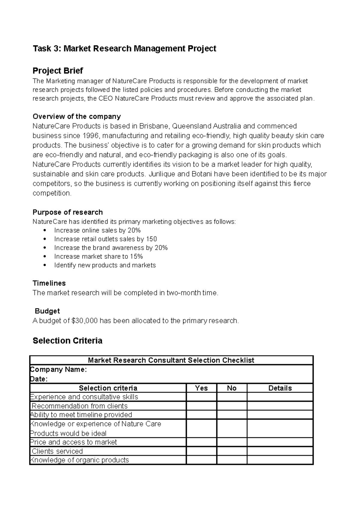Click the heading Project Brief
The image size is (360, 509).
pos(58,71)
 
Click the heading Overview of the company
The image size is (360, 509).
pos(76,116)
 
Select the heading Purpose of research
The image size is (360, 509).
pos(67,212)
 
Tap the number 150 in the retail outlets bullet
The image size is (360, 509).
pos(151,239)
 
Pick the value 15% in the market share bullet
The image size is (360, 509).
pos(136,257)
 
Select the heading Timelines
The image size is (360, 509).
pos(49,283)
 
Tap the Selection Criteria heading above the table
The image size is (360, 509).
pos(67,341)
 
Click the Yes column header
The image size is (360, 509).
pos(201,388)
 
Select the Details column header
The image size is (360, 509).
pos(280,388)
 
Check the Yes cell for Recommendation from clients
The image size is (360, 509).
pos(201,406)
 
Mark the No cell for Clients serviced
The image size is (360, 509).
pos(232,451)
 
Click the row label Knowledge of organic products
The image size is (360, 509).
pos(79,460)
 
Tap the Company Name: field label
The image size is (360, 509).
pos(59,370)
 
